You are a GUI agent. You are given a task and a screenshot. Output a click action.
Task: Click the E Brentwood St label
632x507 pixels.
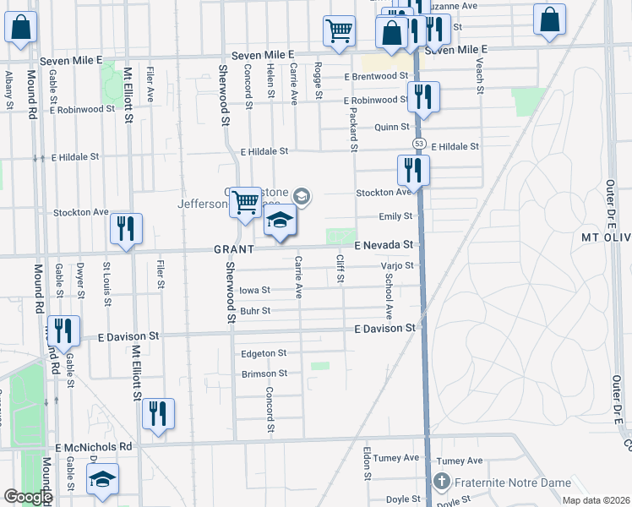pos(376,76)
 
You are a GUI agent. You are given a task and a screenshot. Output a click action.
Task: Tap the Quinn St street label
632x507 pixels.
pos(392,128)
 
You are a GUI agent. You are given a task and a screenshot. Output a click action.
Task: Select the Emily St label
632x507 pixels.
pos(395,216)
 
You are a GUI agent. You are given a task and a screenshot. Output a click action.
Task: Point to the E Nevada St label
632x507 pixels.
pos(386,245)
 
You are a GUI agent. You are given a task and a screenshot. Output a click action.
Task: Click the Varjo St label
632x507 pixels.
pos(395,265)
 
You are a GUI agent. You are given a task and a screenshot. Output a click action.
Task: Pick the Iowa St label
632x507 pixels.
pos(254,290)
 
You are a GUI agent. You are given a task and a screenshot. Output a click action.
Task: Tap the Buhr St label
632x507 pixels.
pos(254,311)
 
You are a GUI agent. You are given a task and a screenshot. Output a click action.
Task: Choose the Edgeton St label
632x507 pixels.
pos(264,353)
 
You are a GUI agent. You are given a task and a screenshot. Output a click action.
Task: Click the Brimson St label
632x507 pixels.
pos(264,373)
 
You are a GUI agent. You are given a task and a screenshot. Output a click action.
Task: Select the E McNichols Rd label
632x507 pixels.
pos(95,446)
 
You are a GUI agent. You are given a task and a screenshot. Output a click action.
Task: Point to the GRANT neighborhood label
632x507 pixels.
pos(234,250)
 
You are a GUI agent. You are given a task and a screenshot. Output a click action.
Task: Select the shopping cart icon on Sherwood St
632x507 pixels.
pos(245,202)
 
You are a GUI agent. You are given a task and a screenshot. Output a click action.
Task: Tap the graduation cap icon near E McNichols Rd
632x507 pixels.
pos(103,479)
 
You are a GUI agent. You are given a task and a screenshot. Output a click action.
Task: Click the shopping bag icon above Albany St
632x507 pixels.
pos(21,27)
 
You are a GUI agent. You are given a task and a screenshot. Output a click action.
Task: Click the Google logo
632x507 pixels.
pos(28,497)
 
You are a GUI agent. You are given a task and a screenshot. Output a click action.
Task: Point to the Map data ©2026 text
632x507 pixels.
pos(596,500)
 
